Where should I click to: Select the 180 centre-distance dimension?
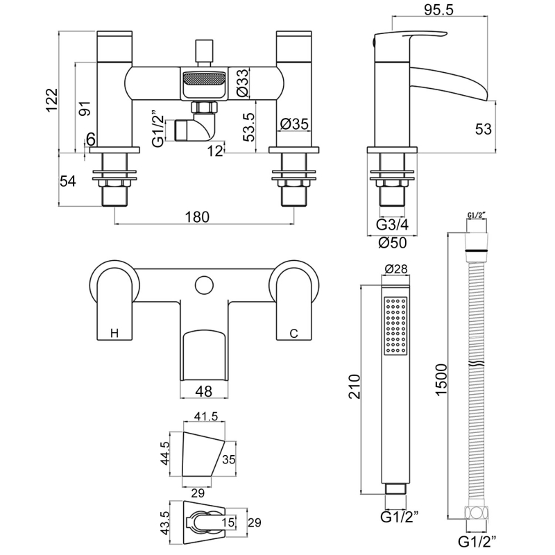(x=197, y=216)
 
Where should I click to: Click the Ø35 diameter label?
(x=294, y=124)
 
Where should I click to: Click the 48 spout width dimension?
(x=204, y=391)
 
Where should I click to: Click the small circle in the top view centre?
(x=204, y=284)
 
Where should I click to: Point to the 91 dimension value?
(x=83, y=109)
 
